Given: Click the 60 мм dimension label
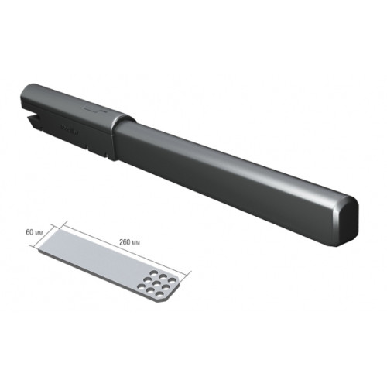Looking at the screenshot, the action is tap(33, 232).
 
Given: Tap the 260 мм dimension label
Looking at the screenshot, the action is tap(129, 243).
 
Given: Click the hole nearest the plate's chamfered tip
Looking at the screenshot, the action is tap(173, 280).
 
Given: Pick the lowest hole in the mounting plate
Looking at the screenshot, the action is tap(158, 293).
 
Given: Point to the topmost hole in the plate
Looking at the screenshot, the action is tap(154, 272).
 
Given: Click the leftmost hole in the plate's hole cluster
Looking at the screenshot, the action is tap(142, 286).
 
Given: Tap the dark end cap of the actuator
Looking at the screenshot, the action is tap(346, 221).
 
